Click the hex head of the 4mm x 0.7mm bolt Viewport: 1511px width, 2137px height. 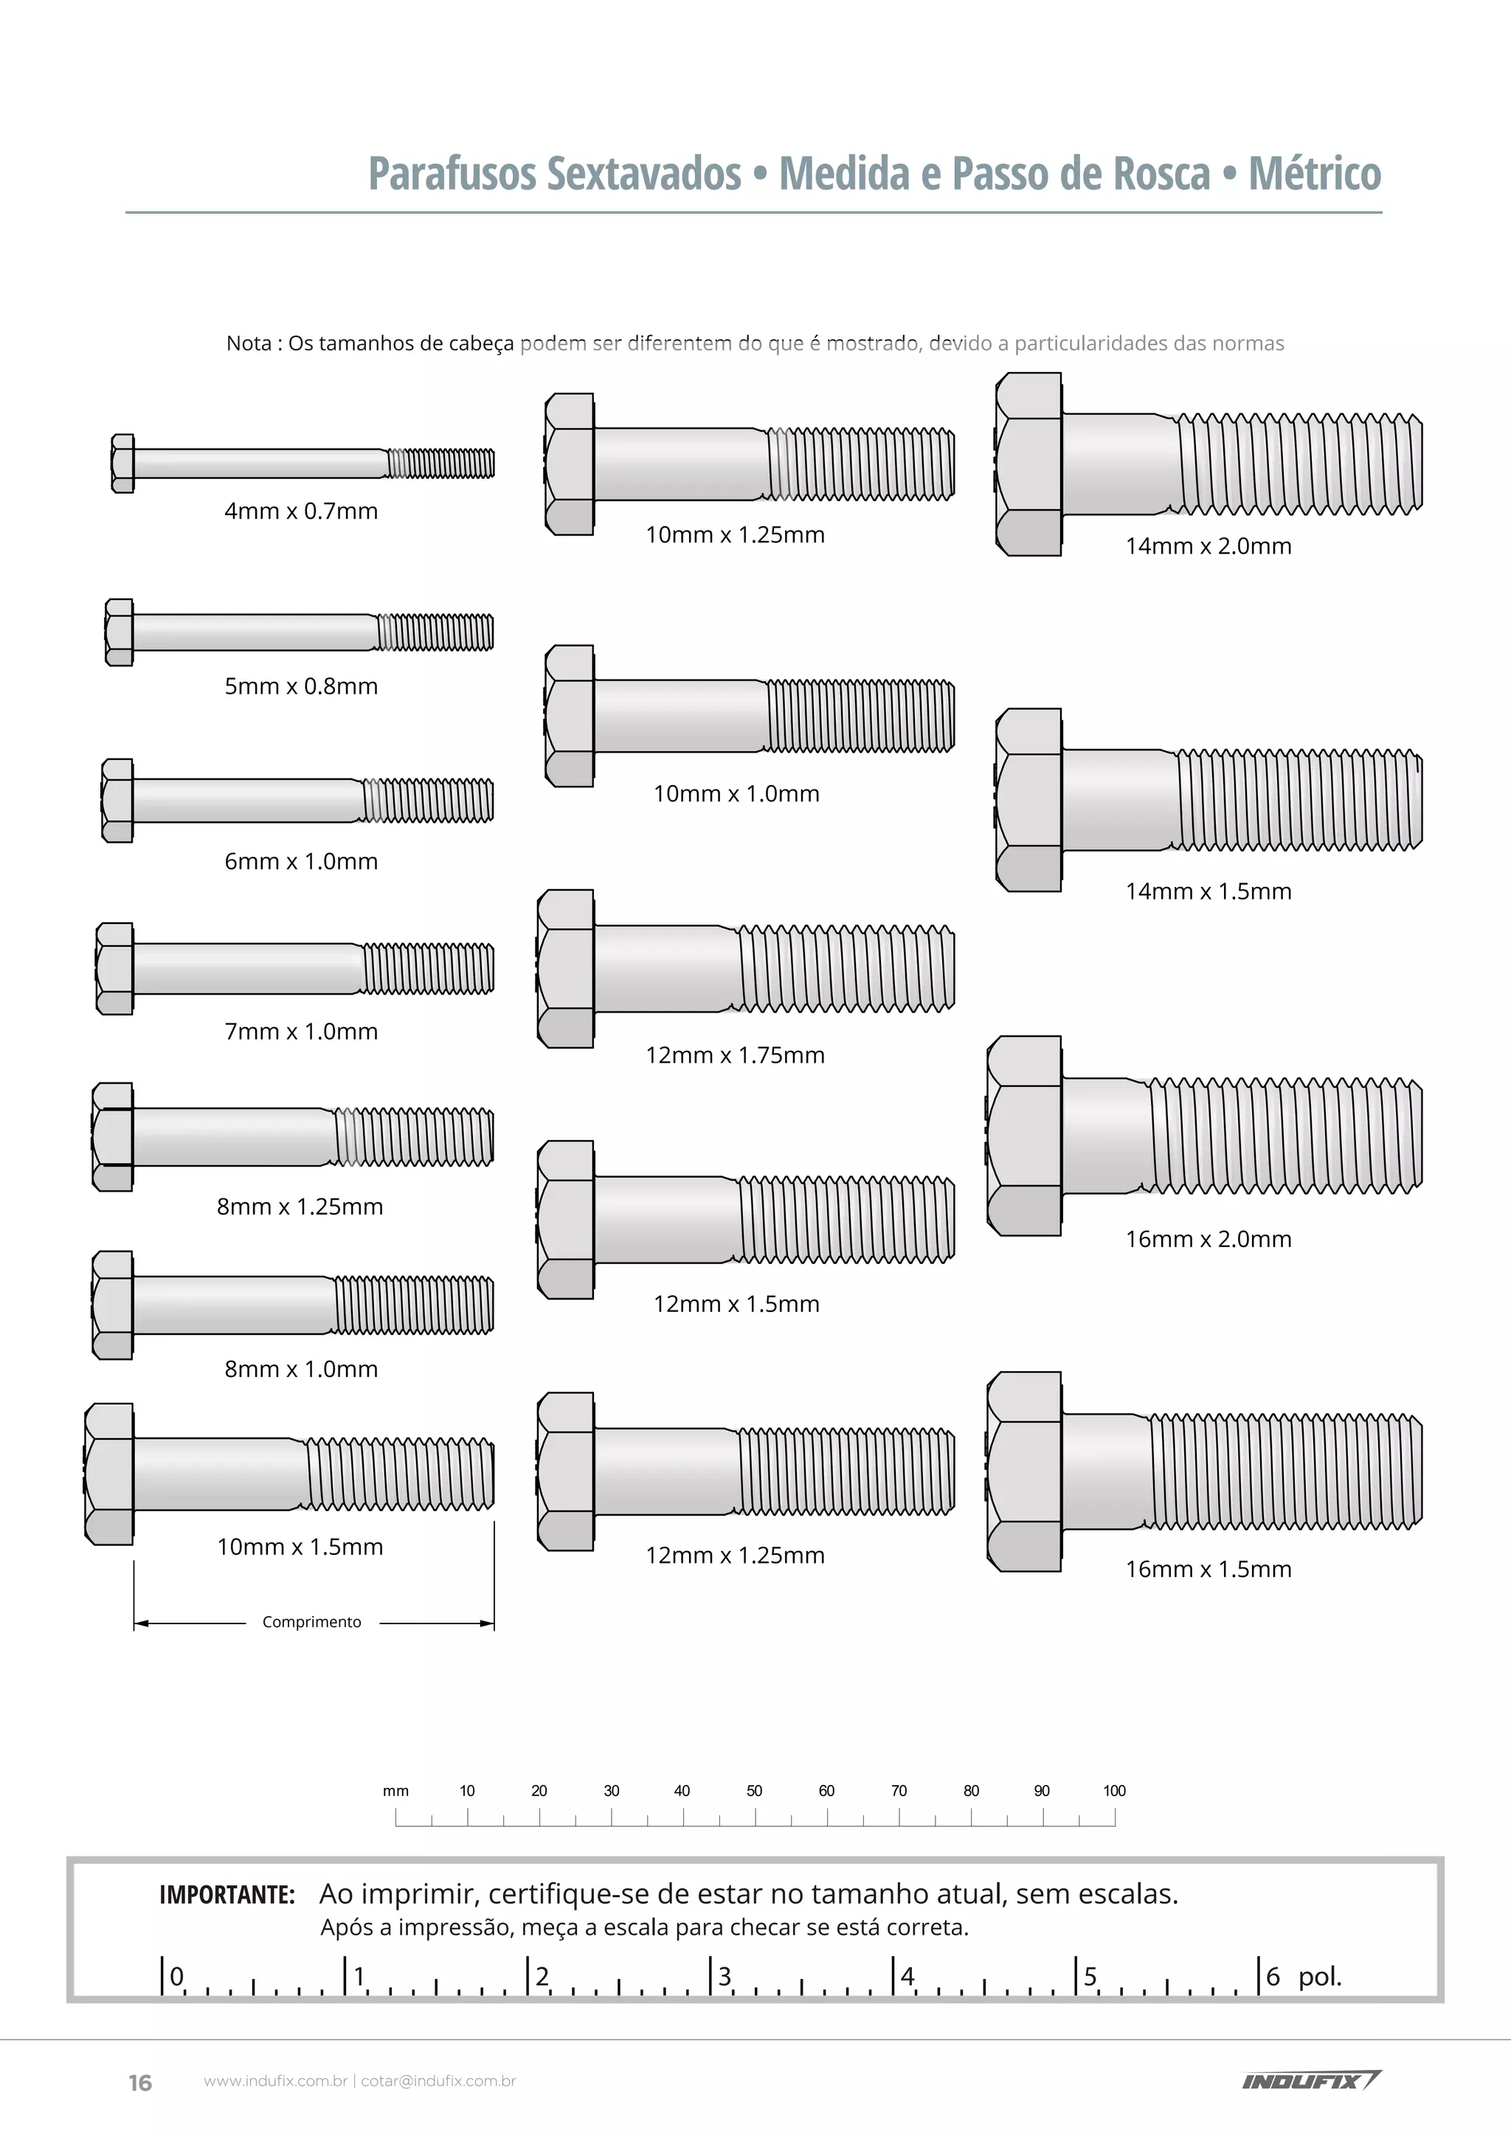[122, 463]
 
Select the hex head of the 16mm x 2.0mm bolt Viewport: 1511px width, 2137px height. [1024, 1136]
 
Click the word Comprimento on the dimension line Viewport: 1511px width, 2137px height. [311, 1621]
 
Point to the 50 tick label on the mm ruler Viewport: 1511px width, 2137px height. [755, 1790]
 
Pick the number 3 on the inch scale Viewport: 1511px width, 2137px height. [725, 1975]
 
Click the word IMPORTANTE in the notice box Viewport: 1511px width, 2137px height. [227, 1894]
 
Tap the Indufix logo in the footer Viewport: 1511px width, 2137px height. [1312, 2080]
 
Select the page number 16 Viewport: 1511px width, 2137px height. [139, 2083]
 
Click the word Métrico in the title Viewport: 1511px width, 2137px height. [1315, 173]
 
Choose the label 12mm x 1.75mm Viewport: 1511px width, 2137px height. [735, 1054]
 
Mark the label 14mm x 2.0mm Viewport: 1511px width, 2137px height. [1209, 545]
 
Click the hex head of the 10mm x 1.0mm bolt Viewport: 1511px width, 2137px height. [570, 716]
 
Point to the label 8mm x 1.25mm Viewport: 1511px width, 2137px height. [300, 1206]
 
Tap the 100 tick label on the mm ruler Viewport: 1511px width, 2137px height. [1115, 1790]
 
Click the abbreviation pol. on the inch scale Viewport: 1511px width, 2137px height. [1320, 1976]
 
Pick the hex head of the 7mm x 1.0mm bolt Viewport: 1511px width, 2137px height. [114, 969]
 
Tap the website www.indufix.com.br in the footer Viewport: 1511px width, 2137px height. [275, 2081]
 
